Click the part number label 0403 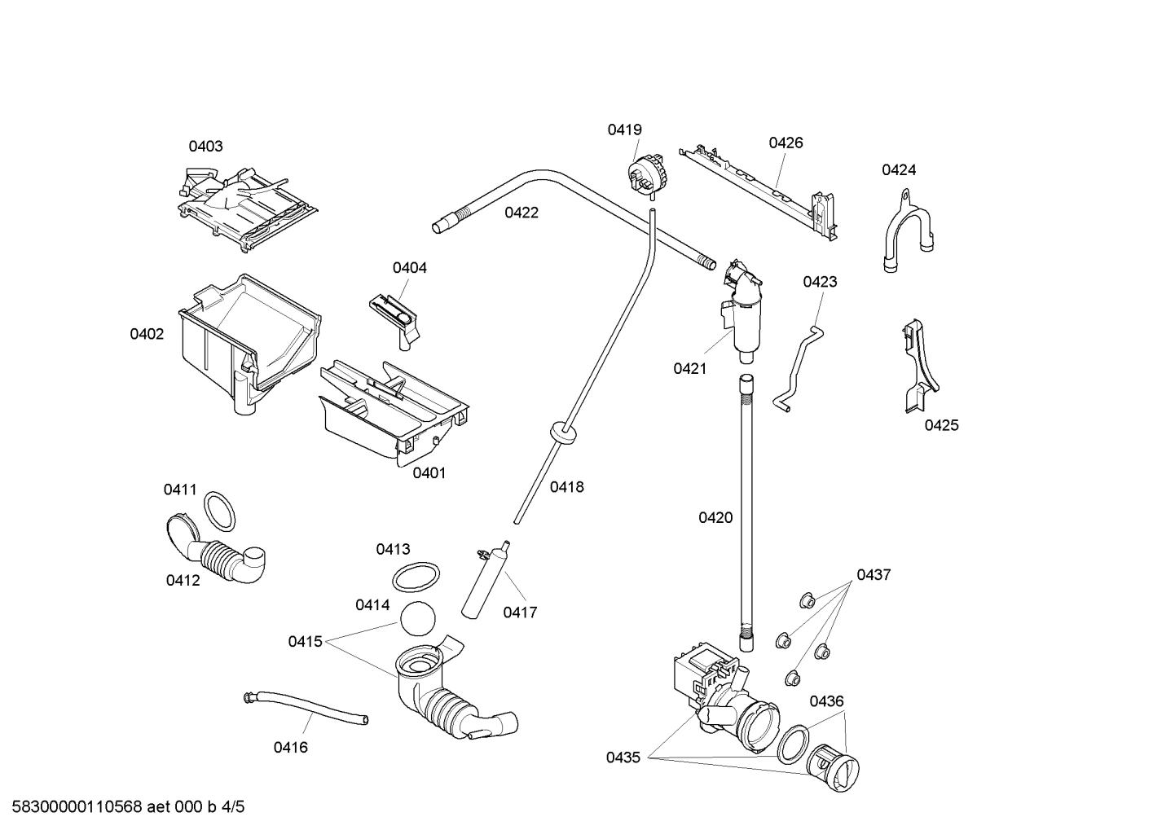[x=205, y=147]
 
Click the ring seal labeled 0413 [x=416, y=577]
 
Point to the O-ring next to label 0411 [x=219, y=510]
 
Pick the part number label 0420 [x=715, y=517]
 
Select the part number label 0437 [x=874, y=575]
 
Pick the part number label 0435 [x=623, y=758]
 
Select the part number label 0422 [x=521, y=213]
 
